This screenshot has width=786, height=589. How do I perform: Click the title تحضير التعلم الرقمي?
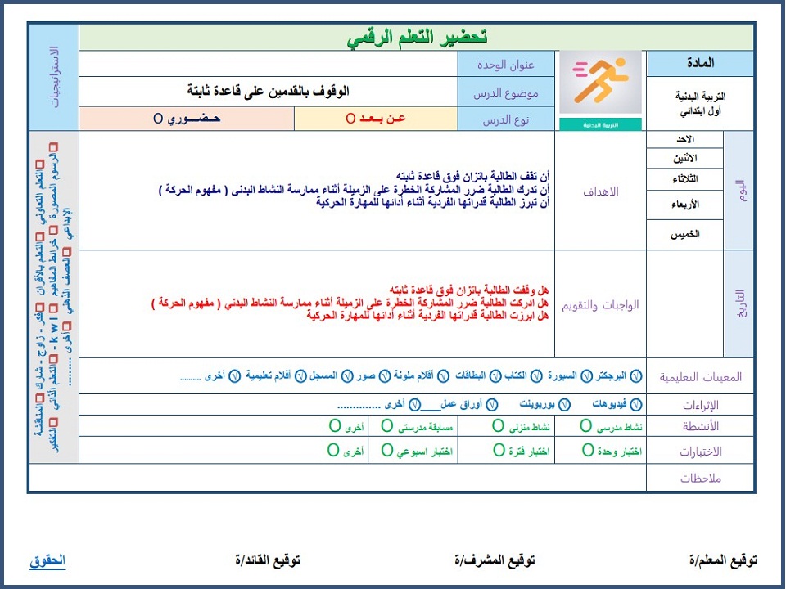[417, 37]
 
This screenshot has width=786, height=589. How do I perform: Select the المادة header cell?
[700, 63]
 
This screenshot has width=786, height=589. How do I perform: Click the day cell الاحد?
[684, 140]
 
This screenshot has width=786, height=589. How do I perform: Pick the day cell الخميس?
[684, 234]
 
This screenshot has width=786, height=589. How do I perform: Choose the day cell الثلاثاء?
[684, 179]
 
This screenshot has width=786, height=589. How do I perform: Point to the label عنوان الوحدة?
[507, 64]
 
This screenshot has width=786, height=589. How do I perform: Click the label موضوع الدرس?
[506, 92]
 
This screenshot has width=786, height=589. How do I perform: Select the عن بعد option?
[375, 119]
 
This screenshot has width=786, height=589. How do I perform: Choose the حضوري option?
[187, 119]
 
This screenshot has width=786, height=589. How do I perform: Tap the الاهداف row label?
[600, 191]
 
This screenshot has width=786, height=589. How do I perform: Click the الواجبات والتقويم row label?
[600, 304]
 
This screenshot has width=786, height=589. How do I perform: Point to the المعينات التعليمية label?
[700, 376]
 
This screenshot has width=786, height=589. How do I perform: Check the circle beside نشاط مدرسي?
[586, 426]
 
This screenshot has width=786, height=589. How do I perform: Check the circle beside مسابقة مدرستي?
[386, 426]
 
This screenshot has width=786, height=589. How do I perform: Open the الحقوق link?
[47, 560]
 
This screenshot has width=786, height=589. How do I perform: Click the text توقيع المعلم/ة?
[723, 560]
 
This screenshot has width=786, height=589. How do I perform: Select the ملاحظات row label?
[700, 479]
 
